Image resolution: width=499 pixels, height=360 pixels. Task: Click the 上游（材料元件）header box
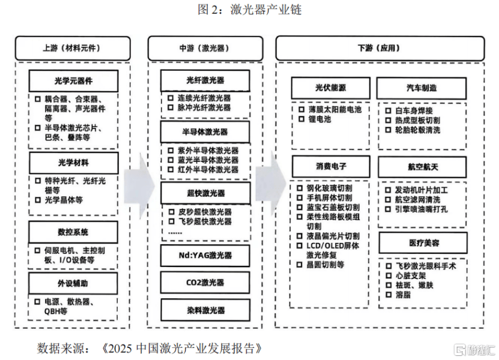tap(72, 48)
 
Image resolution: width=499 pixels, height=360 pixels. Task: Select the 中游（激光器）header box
tap(205, 48)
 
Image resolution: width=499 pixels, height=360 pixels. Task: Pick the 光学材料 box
tap(73, 163)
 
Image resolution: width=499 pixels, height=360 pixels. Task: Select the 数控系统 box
tap(73, 232)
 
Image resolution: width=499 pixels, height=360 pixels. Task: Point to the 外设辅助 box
tap(73, 283)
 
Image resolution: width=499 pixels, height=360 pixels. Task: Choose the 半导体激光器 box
tap(205, 132)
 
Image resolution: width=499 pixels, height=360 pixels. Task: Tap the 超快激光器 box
tap(205, 193)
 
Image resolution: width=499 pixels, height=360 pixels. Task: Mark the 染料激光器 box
tap(205, 310)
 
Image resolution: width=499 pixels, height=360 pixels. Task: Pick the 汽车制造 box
tap(421, 88)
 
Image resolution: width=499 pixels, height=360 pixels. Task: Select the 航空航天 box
tap(421, 166)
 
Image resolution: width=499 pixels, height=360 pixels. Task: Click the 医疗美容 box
tap(421, 243)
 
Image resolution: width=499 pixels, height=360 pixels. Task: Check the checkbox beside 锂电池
tap(301, 119)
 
